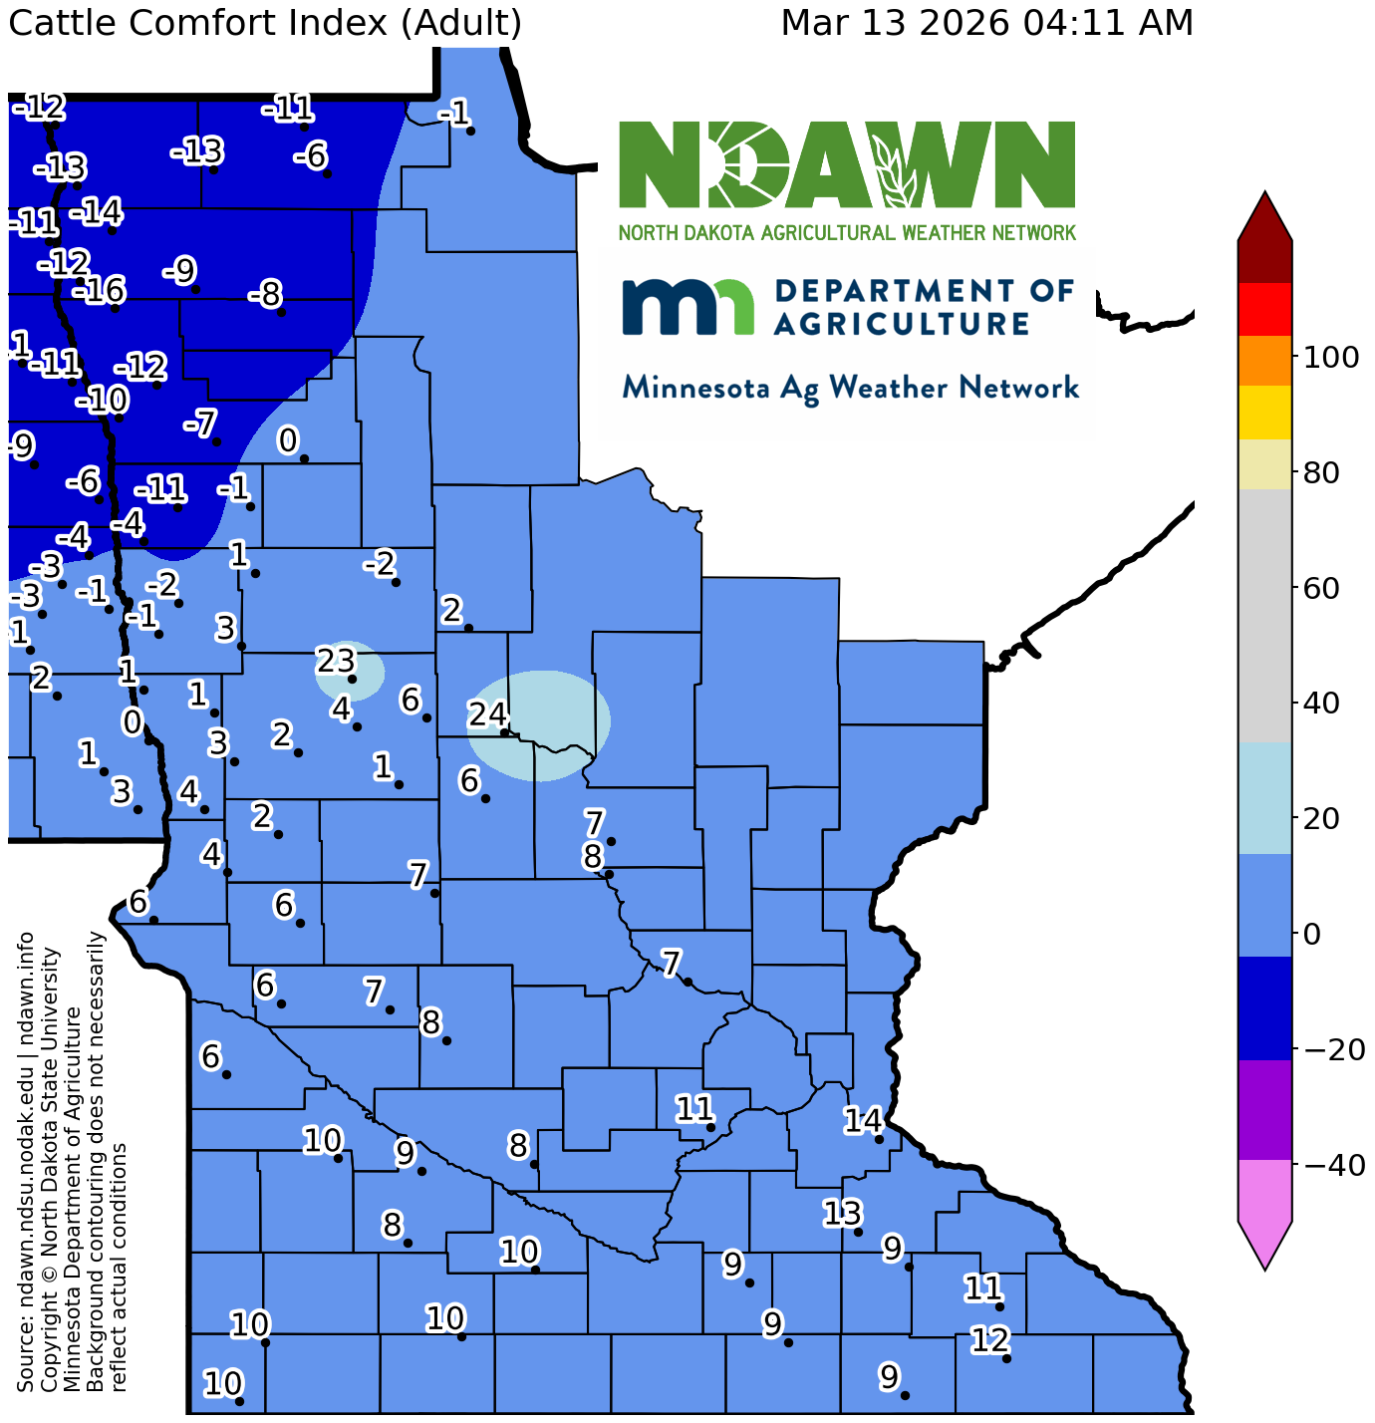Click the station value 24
coord(488,714)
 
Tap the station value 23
coord(336,660)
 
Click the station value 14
coord(863,1120)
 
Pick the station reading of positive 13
coord(842,1213)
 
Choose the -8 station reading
coord(265,295)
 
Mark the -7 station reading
coord(200,424)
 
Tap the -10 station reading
coord(102,401)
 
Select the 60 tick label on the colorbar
coord(1324,588)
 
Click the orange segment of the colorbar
coord(1264,361)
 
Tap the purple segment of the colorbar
coord(1264,1109)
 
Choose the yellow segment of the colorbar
coord(1264,413)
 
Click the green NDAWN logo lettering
coord(847,164)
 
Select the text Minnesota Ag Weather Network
coord(850,388)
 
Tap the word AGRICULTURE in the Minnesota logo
coord(902,323)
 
